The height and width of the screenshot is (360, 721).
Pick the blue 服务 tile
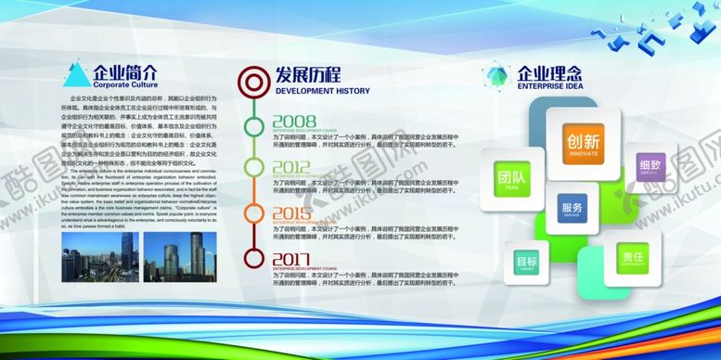(x=573, y=211)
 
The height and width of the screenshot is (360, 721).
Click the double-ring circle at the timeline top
(x=251, y=81)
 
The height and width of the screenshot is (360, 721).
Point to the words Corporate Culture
(x=125, y=84)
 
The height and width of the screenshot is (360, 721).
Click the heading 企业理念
(x=549, y=71)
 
